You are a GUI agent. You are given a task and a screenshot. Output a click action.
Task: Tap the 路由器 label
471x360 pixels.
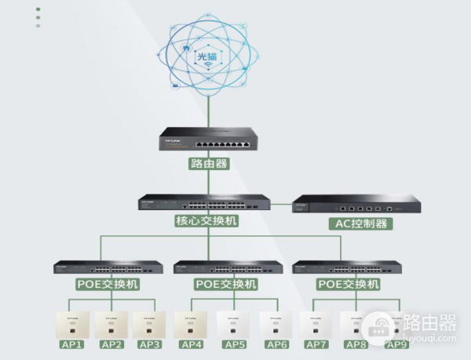[x=208, y=164]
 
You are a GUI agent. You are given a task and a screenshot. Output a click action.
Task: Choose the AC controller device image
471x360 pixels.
[x=356, y=205]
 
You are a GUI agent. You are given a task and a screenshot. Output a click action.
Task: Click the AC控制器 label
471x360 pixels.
[x=358, y=224]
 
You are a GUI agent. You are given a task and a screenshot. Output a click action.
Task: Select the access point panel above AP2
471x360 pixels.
[x=111, y=324]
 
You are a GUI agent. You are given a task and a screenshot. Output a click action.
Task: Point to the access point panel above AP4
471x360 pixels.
[x=193, y=324]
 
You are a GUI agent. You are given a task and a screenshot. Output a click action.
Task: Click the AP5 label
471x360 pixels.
[x=235, y=344]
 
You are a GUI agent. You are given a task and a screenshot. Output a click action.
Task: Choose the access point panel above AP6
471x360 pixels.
[x=276, y=324]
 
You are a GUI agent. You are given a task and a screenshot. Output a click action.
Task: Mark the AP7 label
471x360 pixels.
[x=316, y=344]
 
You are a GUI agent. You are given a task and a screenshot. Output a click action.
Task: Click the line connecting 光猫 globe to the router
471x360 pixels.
[x=208, y=110]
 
